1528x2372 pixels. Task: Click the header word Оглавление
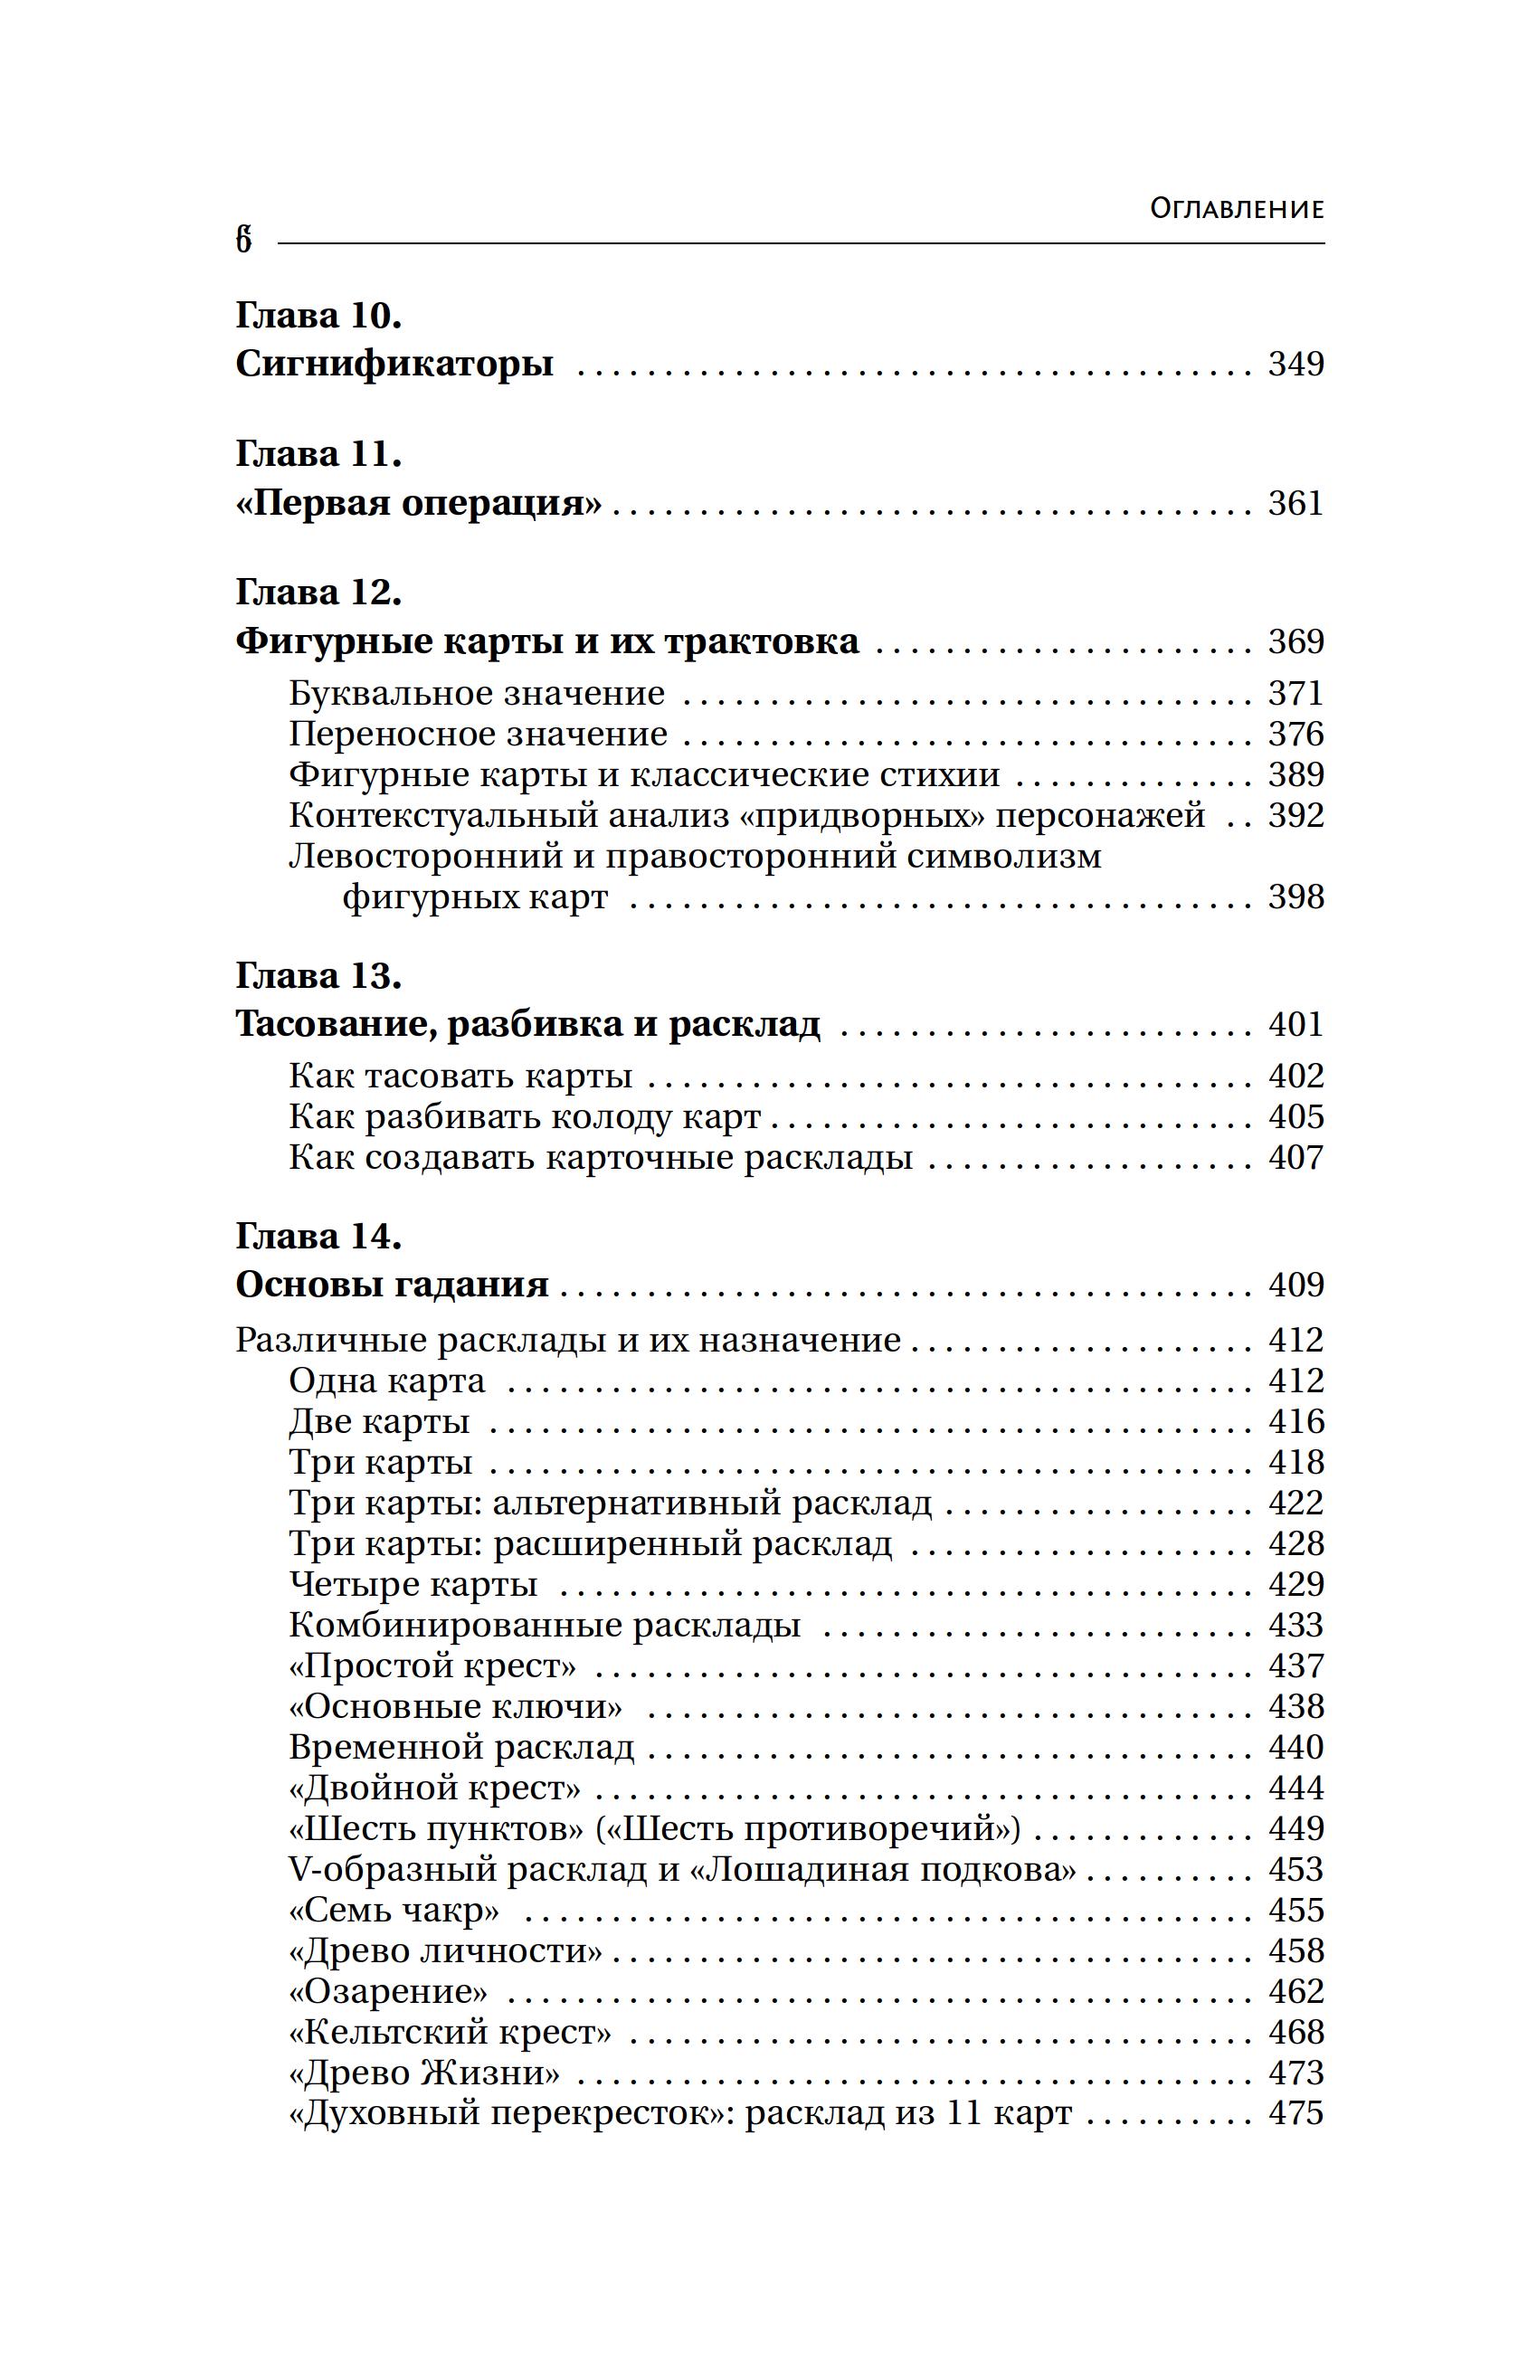coord(1237,209)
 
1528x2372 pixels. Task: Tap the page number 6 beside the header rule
coord(244,241)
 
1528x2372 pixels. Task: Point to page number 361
coord(1295,503)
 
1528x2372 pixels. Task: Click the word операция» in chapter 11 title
coord(501,504)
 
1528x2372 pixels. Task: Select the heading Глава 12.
coord(318,593)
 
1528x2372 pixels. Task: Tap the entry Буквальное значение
coord(476,694)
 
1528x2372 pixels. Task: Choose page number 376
coord(1295,734)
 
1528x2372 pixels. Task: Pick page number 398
coord(1295,897)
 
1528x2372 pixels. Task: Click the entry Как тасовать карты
coord(460,1077)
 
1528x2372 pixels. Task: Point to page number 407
coord(1295,1158)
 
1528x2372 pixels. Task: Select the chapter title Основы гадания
coord(392,1285)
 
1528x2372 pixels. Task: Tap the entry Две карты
coord(379,1421)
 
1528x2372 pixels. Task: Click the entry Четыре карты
coord(413,1584)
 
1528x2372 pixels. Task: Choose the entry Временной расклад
coord(461,1747)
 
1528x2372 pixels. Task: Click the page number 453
coord(1295,1869)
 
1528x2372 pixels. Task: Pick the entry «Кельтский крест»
coord(450,2033)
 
